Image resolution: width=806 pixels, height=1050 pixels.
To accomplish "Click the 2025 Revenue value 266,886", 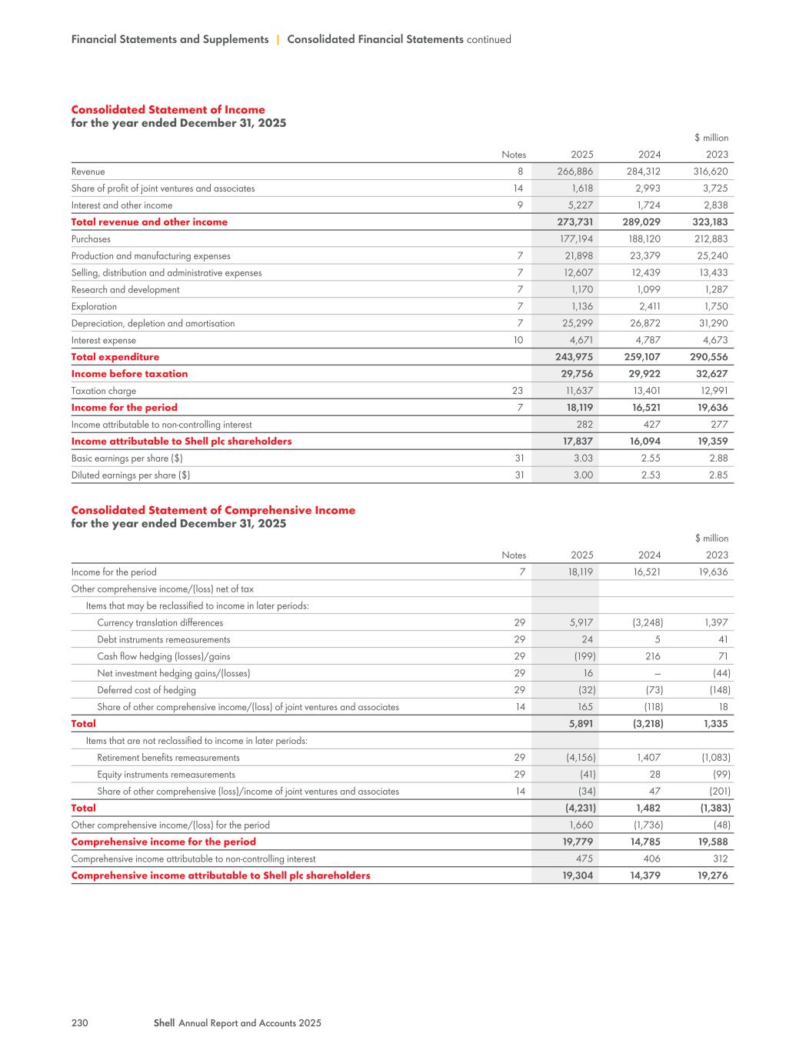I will click(x=575, y=172).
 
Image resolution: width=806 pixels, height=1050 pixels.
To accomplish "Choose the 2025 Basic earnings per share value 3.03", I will click(x=582, y=458).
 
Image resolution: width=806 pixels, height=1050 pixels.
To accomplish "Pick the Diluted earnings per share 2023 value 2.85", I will click(x=718, y=475).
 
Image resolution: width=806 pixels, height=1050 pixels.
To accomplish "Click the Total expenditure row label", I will click(x=115, y=357).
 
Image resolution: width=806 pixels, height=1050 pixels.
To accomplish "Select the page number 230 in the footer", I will click(x=80, y=1023).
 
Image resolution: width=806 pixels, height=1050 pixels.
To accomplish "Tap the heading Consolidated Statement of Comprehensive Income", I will click(x=213, y=510).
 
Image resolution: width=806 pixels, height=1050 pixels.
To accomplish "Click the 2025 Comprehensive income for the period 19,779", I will click(x=578, y=842).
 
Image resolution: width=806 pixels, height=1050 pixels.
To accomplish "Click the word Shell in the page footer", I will click(x=165, y=1023).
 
